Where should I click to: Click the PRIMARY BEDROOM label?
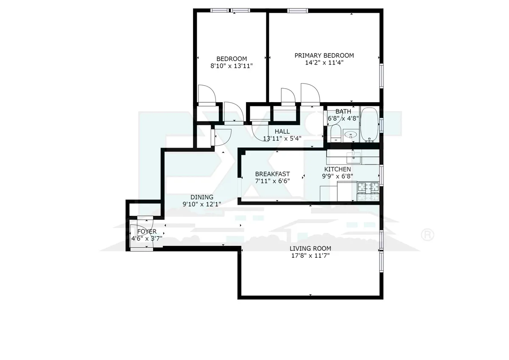tap(324, 56)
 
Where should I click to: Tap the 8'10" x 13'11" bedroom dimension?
tap(232, 66)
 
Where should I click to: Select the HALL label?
tap(282, 131)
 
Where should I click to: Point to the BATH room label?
tap(343, 112)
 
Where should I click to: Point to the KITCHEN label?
tap(340, 170)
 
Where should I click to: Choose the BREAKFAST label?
tap(272, 174)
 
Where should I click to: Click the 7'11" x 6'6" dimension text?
tap(272, 181)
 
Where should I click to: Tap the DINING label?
tap(201, 197)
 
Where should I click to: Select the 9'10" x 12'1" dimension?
tap(201, 204)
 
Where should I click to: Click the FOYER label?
tap(147, 232)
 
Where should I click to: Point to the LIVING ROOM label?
tap(310, 248)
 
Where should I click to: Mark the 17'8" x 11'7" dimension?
tap(310, 256)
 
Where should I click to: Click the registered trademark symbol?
tap(427, 234)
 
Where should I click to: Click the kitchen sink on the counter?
tap(354, 157)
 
